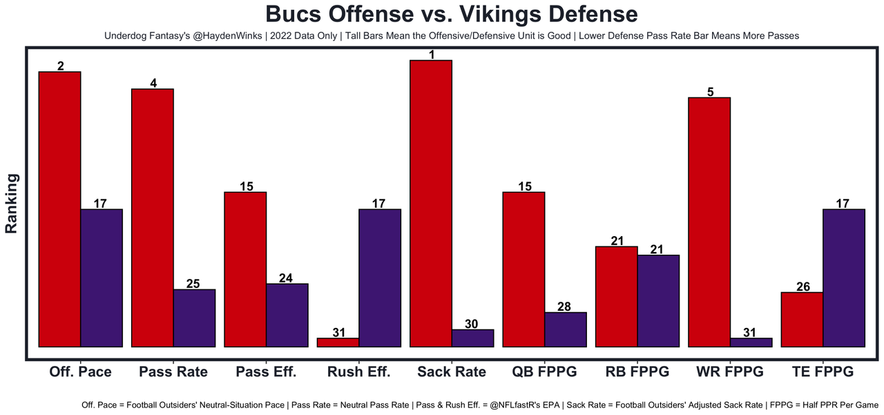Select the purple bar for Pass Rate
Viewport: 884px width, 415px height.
194,318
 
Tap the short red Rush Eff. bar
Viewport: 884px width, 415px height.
338,342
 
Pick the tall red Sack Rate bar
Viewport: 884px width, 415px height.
431,203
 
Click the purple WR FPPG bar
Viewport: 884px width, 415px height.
751,342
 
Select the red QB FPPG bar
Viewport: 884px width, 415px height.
523,269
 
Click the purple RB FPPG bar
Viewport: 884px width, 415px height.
658,300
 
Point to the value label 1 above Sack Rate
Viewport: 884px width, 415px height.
431,55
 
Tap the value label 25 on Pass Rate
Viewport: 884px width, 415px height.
194,284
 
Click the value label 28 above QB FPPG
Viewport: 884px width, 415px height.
564,307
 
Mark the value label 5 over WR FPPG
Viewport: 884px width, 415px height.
710,92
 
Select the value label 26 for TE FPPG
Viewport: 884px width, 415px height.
803,287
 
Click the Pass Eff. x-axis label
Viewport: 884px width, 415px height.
266,371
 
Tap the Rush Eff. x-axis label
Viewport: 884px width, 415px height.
358,371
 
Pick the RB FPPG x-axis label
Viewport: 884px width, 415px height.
637,371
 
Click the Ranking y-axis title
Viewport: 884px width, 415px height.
12,204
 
